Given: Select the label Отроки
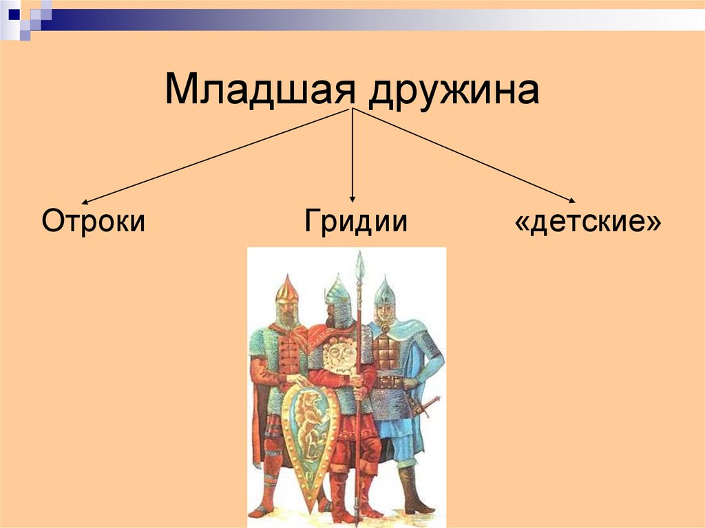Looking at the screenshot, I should point(93,222).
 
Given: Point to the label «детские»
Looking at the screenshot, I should point(588,222).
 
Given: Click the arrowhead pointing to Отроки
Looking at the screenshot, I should point(84,201).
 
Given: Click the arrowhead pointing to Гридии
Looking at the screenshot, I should point(352,199).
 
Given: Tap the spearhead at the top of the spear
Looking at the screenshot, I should point(359,264).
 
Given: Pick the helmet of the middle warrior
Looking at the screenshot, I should point(337,292).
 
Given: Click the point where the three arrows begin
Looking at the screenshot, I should point(352,109).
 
